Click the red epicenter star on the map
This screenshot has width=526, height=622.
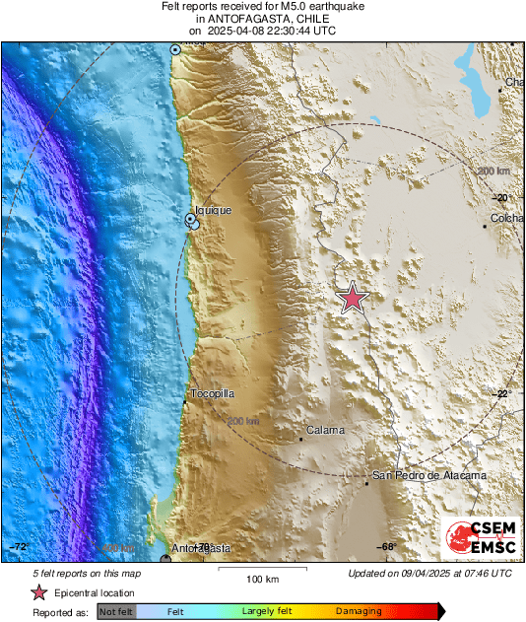pos(352,297)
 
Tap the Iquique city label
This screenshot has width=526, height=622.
pos(213,210)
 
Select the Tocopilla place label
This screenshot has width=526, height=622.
pos(212,393)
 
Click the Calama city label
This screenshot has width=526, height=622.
pos(324,430)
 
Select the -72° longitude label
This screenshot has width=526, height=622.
pos(18,546)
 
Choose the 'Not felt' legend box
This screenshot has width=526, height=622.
pos(116,612)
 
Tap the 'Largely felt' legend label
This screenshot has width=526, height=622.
pos(264,612)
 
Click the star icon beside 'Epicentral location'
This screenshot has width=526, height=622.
pos(38,592)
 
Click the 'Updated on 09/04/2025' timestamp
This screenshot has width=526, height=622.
pos(429,573)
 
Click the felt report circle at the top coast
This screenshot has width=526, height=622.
pos(176,48)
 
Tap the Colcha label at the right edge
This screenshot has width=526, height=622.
pos(506,218)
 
